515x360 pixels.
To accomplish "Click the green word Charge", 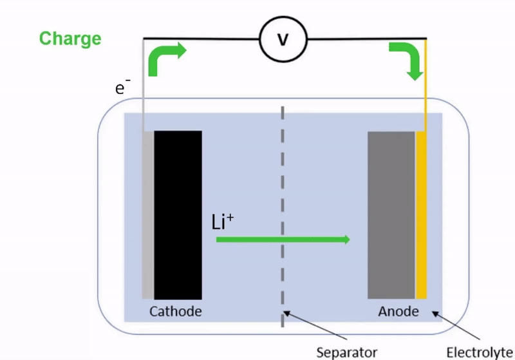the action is [x=70, y=39].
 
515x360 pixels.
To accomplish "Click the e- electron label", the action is [x=122, y=86].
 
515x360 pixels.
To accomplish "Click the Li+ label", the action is [x=222, y=222].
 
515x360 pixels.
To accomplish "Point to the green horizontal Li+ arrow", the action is [x=283, y=240].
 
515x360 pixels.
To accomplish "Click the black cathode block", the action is [x=178, y=215].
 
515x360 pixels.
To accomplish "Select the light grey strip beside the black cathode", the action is [x=148, y=215].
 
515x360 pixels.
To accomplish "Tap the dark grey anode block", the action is [x=391, y=215].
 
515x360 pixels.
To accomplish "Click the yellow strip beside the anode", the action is [x=421, y=215].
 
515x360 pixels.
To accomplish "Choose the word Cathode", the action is [x=175, y=312].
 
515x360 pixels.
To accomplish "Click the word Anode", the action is [x=398, y=312].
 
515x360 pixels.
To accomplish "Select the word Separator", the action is [x=347, y=352].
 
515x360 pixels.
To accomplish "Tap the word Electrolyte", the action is [x=480, y=353].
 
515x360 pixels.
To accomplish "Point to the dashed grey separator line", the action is [x=283, y=217].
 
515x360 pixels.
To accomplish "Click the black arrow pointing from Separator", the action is [x=315, y=325].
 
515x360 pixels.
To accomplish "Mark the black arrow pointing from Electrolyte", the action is [x=456, y=325].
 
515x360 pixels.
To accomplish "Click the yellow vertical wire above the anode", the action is [x=426, y=85].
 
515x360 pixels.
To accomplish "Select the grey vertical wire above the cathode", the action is [x=143, y=85].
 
